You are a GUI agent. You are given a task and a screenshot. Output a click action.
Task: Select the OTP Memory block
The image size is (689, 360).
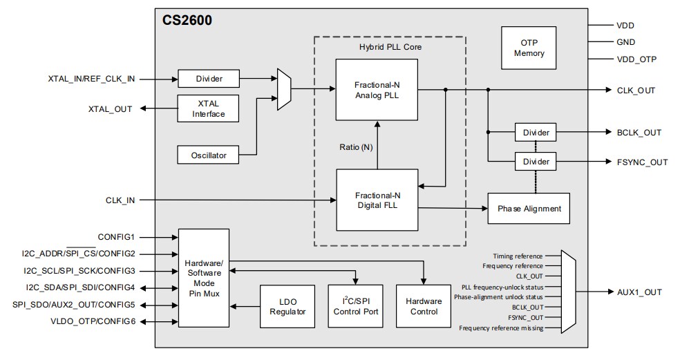529,48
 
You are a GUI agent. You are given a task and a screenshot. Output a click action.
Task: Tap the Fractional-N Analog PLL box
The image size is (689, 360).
377,89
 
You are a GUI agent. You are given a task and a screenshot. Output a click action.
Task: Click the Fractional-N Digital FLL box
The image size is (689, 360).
377,200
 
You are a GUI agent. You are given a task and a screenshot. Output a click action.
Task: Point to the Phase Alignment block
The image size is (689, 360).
529,209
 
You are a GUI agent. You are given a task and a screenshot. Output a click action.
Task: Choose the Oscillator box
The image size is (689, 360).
208,155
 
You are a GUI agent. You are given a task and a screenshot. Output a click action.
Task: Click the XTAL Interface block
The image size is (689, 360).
208,108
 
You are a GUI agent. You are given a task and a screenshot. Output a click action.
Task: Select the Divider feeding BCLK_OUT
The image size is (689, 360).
536,132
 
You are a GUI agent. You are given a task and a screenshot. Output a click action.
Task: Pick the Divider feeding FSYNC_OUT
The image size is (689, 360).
536,162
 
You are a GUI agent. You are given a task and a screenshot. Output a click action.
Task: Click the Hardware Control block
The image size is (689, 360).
423,306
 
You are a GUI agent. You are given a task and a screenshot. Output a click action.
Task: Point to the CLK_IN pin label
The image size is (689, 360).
120,200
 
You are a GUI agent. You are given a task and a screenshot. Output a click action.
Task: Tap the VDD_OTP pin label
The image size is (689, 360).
636,59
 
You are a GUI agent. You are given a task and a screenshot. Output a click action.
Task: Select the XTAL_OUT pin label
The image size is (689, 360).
110,109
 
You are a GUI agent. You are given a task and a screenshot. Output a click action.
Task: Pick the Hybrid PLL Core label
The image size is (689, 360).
390,47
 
